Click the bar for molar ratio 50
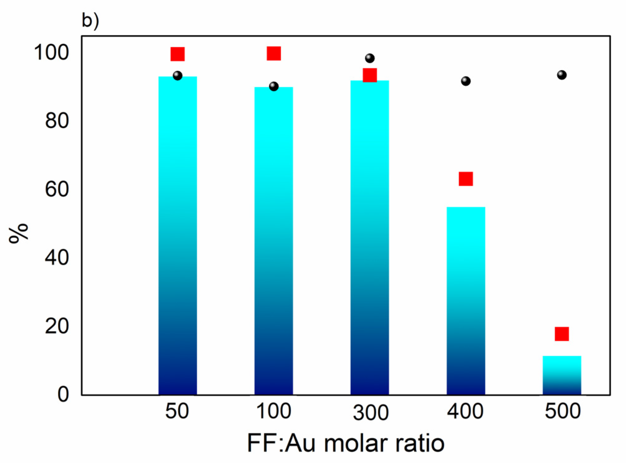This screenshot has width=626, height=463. (x=177, y=237)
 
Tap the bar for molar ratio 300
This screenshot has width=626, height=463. (x=369, y=238)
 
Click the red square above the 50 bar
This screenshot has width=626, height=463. (x=177, y=54)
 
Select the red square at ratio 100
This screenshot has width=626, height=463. (x=274, y=54)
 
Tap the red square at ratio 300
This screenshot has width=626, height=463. (x=370, y=75)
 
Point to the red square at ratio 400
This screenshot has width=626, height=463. (x=466, y=179)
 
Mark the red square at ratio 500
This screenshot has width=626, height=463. (x=562, y=334)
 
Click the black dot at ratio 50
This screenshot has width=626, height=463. (x=177, y=76)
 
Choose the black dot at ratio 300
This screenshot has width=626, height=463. (x=370, y=58)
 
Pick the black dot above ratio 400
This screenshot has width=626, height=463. (x=466, y=81)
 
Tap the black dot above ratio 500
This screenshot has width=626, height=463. (x=562, y=75)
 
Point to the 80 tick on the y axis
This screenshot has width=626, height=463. (x=57, y=121)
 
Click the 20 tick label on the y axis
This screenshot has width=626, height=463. (x=57, y=326)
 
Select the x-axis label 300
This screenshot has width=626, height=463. (x=370, y=413)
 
